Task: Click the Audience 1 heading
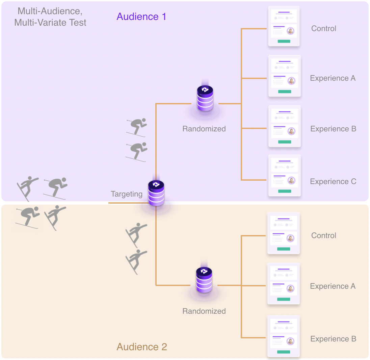click(x=141, y=17)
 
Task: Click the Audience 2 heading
click(x=142, y=347)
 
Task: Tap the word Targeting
click(x=127, y=194)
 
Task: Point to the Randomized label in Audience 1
click(x=204, y=129)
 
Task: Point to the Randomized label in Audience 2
click(x=204, y=311)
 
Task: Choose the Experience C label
click(x=333, y=181)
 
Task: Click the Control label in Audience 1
click(x=324, y=28)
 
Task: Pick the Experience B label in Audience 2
click(x=333, y=339)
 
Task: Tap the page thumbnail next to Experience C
click(x=284, y=175)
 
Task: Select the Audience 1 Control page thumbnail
click(x=284, y=26)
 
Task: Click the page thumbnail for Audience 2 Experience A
click(x=284, y=284)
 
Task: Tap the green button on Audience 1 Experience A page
click(x=285, y=92)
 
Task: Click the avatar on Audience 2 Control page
click(x=290, y=238)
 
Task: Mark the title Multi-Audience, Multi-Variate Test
click(x=52, y=17)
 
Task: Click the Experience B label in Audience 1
click(x=333, y=129)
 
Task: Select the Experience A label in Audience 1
click(x=333, y=78)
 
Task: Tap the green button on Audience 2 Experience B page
click(x=284, y=352)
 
